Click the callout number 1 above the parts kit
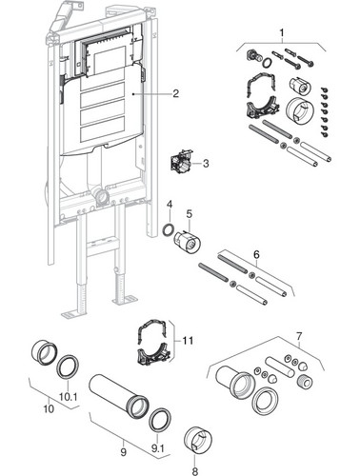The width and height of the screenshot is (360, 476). pyautogui.click(x=282, y=32)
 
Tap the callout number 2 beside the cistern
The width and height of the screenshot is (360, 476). pyautogui.click(x=175, y=93)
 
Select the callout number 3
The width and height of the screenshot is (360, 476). pyautogui.click(x=206, y=164)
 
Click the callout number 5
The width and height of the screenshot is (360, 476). pyautogui.click(x=190, y=213)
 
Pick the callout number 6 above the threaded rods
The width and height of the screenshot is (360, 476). pyautogui.click(x=256, y=254)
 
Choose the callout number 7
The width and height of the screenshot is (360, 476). pyautogui.click(x=299, y=335)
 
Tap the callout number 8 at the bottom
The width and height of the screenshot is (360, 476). pyautogui.click(x=194, y=470)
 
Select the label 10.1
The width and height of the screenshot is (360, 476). pyautogui.click(x=69, y=397)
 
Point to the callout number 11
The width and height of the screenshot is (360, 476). pyautogui.click(x=188, y=341)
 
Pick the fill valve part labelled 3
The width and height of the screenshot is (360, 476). pyautogui.click(x=182, y=161)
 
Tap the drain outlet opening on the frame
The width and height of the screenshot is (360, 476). pyautogui.click(x=103, y=198)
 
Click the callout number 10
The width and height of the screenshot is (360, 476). pyautogui.click(x=49, y=409)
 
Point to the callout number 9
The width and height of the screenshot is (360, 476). pyautogui.click(x=123, y=451)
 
